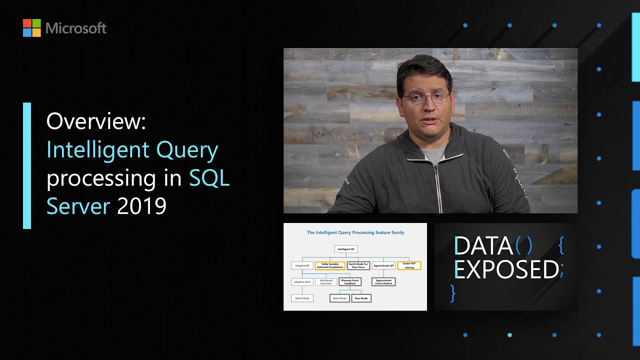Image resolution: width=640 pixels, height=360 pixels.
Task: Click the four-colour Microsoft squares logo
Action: point(31,28)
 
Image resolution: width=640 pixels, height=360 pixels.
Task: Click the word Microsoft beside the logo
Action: point(76,28)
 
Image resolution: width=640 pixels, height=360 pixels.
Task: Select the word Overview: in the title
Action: point(96,121)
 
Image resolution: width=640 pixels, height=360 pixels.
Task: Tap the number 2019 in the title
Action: point(141,206)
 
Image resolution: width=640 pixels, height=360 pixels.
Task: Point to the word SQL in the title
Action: point(209,178)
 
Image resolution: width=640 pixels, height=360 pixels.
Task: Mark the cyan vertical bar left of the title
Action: point(27,165)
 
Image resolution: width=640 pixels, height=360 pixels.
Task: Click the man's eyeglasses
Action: point(425,98)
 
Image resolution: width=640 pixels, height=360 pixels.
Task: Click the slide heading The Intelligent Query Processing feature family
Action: point(355,232)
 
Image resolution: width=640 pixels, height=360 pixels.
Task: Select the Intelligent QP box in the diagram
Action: point(346,249)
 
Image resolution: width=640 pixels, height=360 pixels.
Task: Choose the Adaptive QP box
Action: point(301,265)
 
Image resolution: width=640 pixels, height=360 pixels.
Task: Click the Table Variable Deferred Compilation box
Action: point(330,265)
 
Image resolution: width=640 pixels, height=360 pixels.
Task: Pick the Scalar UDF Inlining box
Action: point(409,265)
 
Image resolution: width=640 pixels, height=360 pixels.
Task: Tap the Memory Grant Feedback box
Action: point(350,282)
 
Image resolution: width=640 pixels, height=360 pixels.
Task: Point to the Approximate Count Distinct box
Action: point(383,282)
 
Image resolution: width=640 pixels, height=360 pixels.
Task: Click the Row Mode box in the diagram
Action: point(361,298)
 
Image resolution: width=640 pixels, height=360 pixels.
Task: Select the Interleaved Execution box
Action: point(325,282)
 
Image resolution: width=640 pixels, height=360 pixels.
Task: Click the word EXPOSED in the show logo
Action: point(506,270)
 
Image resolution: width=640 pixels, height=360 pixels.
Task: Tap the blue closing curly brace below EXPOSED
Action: point(453,293)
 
